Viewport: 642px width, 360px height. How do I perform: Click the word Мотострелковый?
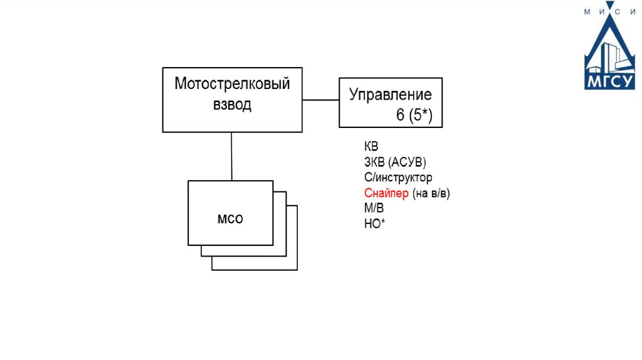tap(232, 83)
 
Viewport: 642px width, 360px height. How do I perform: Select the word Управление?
tap(390, 95)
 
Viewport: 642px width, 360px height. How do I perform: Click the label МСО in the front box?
tap(230, 220)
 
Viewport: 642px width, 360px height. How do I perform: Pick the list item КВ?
tap(371, 147)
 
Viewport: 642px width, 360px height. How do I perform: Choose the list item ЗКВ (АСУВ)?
tap(394, 162)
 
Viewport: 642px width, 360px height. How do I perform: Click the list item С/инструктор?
tap(397, 177)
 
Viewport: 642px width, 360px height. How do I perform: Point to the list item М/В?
tap(374, 208)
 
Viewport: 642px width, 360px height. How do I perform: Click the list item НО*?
tap(374, 223)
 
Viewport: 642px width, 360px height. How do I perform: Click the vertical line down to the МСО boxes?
tap(231, 156)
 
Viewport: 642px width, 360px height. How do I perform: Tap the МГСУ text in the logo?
tap(609, 82)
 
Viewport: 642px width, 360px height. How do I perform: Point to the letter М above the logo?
tap(587, 11)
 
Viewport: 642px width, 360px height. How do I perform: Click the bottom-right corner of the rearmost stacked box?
tap(297, 270)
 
